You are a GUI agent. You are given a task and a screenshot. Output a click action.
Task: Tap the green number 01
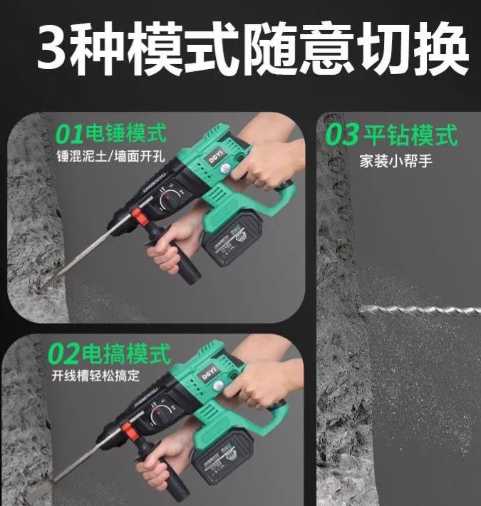coord(69,133)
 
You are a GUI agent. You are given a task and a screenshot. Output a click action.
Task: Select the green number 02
coord(63,353)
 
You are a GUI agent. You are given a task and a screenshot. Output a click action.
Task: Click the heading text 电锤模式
coord(125,133)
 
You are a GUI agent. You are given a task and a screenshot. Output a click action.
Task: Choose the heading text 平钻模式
coord(409,135)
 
